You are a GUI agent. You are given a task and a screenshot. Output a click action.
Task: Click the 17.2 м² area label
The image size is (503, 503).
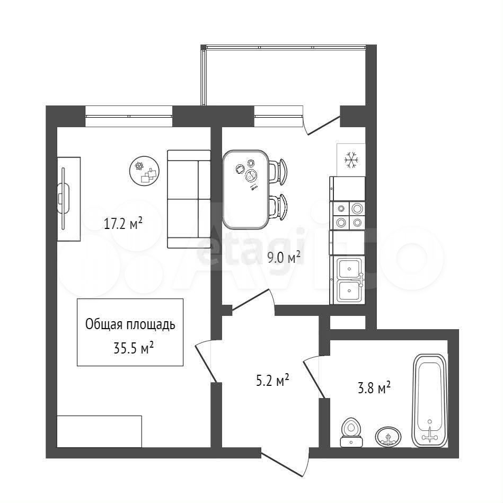point(123,223)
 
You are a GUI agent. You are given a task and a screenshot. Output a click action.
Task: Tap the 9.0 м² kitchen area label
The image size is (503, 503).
point(284,257)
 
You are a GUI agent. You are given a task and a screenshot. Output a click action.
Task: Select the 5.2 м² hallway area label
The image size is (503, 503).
point(272,380)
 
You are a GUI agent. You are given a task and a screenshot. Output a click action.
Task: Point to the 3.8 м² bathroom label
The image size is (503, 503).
point(374,388)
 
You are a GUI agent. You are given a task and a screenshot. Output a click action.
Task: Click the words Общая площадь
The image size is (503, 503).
point(130,324)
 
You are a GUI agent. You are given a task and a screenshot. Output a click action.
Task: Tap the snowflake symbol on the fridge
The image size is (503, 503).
point(351,160)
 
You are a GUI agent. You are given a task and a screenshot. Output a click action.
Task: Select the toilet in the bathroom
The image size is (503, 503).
point(351,432)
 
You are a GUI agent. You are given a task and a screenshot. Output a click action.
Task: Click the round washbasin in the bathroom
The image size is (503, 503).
point(388,436)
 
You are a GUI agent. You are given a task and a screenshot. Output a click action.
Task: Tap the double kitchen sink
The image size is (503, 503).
point(348,280)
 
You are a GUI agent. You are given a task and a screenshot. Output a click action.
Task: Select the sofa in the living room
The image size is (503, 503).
point(189,199)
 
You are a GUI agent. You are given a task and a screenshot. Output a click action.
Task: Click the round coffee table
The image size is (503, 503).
point(145,171)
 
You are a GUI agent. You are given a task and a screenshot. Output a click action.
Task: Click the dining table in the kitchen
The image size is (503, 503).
point(246,189)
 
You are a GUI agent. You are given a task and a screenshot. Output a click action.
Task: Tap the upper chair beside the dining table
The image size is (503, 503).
point(278,172)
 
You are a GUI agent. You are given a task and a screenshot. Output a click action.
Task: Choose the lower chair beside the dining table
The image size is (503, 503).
point(278,207)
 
